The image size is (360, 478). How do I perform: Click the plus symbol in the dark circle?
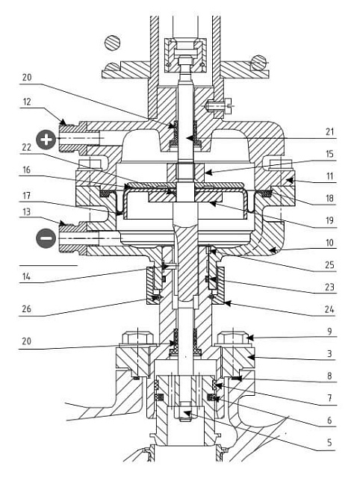coord(46,140)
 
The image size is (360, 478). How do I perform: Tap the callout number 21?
coord(330,132)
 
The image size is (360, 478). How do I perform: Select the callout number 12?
coord(27,102)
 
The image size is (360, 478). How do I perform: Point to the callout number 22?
coord(27,147)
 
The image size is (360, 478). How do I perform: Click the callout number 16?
coord(27,170)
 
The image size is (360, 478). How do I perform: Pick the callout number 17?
coord(27,195)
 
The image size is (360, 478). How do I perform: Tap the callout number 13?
coord(27,211)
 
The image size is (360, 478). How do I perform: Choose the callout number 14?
coord(27,277)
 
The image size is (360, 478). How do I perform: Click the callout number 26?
coord(27,309)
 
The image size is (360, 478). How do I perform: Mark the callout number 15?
coord(330,154)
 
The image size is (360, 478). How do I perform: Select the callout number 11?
coord(330,176)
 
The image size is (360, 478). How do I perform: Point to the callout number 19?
coord(330,220)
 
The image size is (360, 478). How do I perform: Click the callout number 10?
coord(330,243)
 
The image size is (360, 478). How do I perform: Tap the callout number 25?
coord(330,265)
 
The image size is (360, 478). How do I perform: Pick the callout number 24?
coord(330,310)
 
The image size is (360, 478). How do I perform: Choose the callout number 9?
coord(330,332)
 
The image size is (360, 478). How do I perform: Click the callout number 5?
coord(330,442)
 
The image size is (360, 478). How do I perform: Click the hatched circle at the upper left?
coord(112,43)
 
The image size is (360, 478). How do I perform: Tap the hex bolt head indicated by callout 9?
coord(234,338)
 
